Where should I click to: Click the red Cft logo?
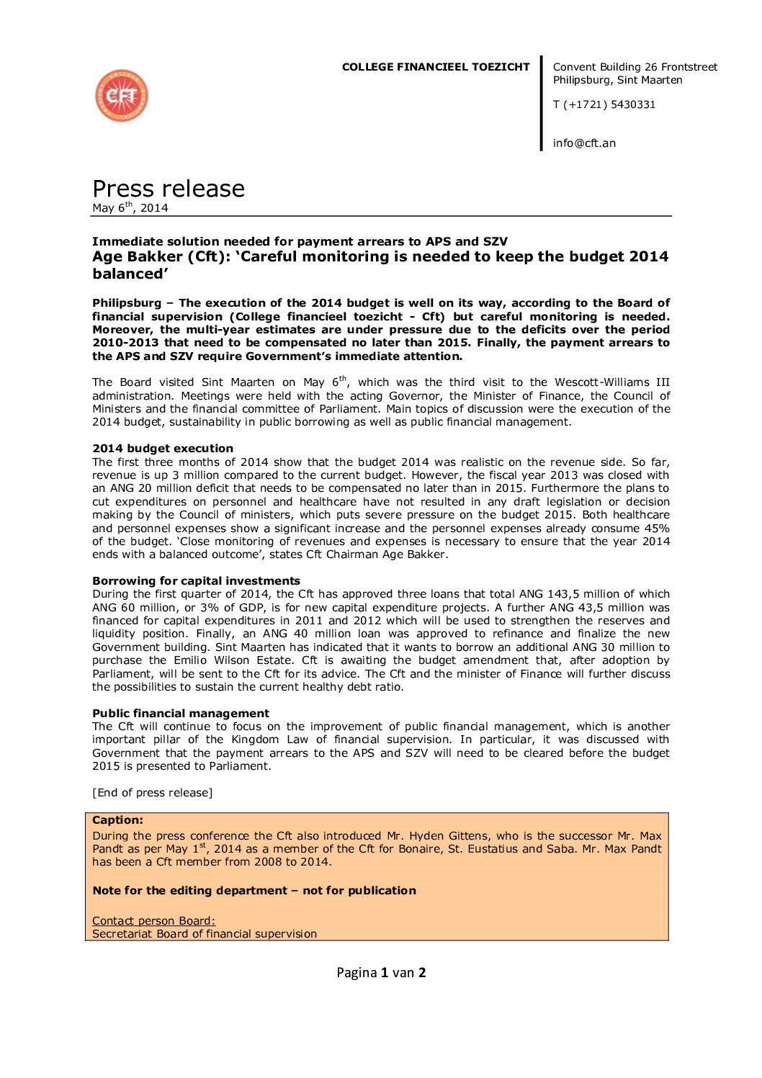(x=122, y=96)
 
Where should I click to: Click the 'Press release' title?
(x=169, y=189)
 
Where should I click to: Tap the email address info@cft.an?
(x=584, y=143)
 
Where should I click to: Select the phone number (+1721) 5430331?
(x=604, y=104)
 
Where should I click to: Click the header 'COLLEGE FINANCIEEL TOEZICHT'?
(x=435, y=67)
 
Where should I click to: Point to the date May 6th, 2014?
(x=130, y=208)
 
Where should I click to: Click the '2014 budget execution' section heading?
(x=163, y=449)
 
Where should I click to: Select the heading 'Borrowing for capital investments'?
(x=196, y=581)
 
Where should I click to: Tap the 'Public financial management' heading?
(x=181, y=714)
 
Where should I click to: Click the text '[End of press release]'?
(x=152, y=793)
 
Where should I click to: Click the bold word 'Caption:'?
(x=117, y=820)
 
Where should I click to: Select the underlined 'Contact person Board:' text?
(x=153, y=921)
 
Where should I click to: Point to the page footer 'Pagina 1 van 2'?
(x=381, y=973)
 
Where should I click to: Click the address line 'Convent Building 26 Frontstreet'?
(x=635, y=67)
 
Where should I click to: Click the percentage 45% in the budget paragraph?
(x=657, y=529)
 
